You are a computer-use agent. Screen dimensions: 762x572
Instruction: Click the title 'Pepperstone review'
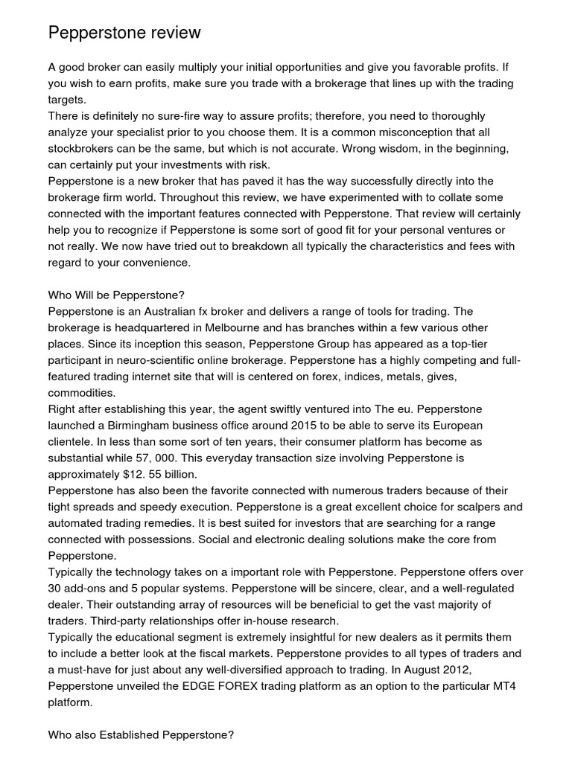coord(124,33)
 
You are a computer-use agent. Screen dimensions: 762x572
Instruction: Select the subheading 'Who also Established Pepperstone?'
coord(141,735)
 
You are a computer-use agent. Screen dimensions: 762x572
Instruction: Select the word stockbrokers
coord(83,149)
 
